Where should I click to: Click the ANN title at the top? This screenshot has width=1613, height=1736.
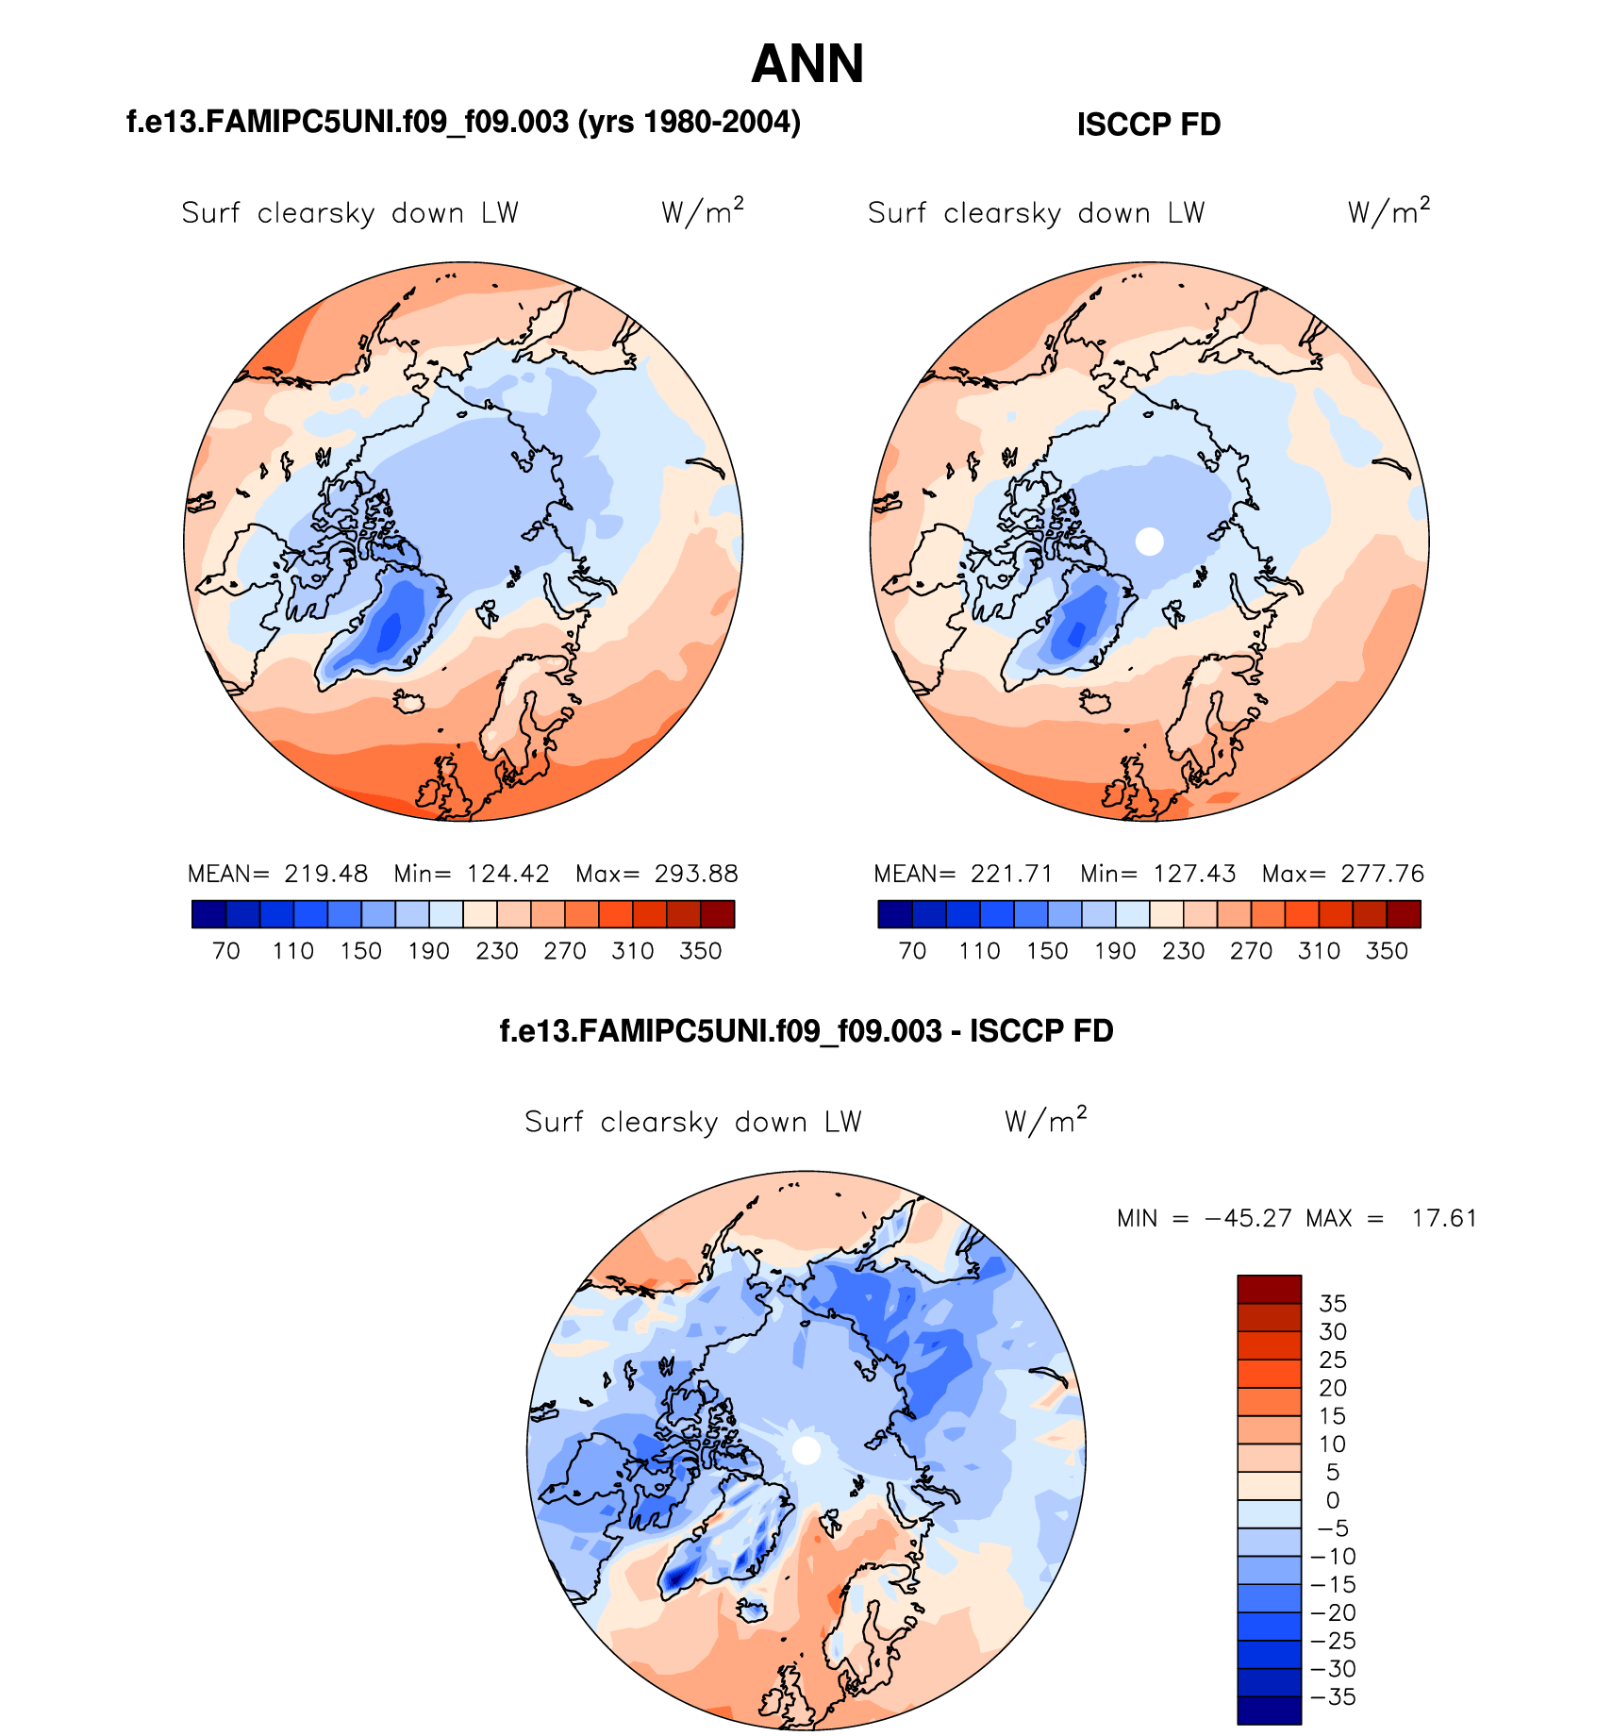tap(807, 64)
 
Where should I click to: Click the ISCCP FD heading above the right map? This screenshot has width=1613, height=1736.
tap(1148, 125)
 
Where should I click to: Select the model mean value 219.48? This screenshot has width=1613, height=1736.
tap(326, 874)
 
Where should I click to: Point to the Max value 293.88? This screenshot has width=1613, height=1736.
tap(696, 874)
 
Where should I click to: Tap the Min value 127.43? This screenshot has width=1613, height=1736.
tap(1194, 874)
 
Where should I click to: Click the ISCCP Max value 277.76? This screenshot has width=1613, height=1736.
tap(1383, 874)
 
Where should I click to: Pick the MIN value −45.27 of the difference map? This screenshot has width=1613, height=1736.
tap(1248, 1218)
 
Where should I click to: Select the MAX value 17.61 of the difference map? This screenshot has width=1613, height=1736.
tap(1444, 1218)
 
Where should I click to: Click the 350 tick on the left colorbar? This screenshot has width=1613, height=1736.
tap(700, 951)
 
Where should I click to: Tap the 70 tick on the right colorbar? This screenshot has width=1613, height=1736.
tap(912, 951)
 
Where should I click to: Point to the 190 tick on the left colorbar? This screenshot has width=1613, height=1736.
tap(428, 951)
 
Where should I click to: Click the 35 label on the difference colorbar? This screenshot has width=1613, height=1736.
tap(1332, 1304)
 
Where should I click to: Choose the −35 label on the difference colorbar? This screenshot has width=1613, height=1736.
tap(1333, 1697)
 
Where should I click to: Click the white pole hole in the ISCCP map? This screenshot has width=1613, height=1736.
tap(1149, 542)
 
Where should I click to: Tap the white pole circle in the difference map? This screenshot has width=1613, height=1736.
tap(806, 1450)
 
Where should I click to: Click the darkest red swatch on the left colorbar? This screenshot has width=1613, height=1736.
tap(717, 914)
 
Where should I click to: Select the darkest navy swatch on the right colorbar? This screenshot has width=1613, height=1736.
tap(894, 914)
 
